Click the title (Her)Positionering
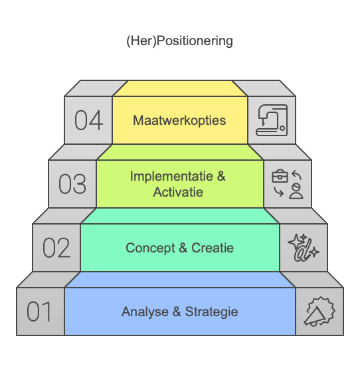179,41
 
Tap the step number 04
89,120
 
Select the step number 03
72,184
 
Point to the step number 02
56,248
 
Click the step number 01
39,312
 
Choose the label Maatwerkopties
179,120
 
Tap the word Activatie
178,192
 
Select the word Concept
150,248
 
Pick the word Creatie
213,248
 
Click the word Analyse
145,312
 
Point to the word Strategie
211,312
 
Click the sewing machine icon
272,120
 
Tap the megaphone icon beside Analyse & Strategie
319,312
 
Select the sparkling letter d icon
304,248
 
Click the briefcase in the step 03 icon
280,176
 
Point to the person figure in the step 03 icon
296,191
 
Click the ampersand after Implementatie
221,176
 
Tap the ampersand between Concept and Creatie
183,248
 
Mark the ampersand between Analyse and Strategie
177,312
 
